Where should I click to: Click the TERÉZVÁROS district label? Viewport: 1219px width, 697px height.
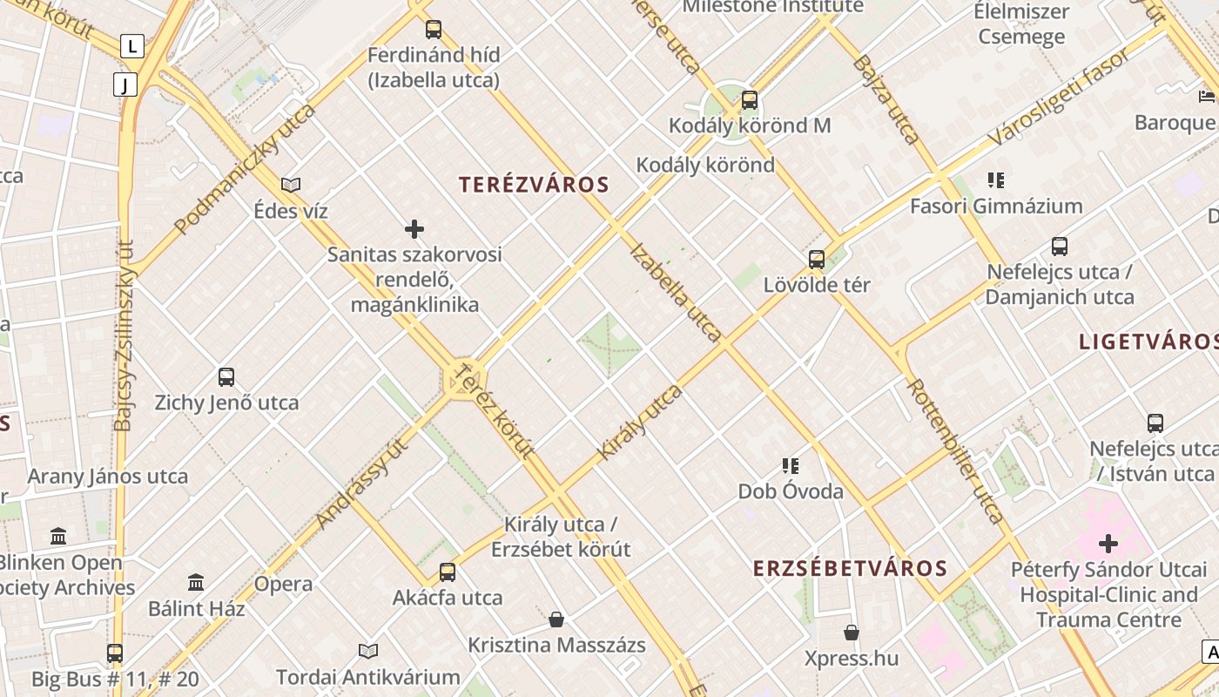click(x=534, y=185)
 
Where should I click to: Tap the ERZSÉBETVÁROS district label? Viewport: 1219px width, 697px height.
click(x=850, y=569)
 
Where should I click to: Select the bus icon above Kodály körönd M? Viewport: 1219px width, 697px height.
click(x=750, y=100)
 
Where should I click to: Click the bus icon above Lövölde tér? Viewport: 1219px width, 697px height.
click(x=817, y=259)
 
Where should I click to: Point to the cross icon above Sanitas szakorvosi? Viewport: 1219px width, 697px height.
click(x=414, y=229)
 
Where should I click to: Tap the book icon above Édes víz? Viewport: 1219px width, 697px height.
click(x=291, y=185)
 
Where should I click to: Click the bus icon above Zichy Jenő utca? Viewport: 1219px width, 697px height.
click(x=226, y=377)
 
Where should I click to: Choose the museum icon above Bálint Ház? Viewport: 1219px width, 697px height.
click(x=196, y=582)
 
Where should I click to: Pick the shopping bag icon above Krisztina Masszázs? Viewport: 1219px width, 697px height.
click(x=556, y=619)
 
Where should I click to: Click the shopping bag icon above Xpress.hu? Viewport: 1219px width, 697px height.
click(x=852, y=632)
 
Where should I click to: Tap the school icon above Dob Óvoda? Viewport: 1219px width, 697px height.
click(x=791, y=465)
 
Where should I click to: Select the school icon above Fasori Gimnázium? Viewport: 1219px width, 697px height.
click(x=996, y=180)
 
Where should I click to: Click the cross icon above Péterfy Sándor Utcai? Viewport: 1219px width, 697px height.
click(x=1108, y=544)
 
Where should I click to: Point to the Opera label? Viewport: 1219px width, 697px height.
click(x=283, y=584)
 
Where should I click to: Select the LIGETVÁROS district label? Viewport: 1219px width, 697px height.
click(x=1148, y=342)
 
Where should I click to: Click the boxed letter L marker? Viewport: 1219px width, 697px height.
click(x=131, y=45)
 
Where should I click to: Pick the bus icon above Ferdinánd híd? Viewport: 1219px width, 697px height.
click(x=434, y=30)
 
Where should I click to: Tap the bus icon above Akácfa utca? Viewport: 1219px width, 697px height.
click(x=448, y=572)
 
